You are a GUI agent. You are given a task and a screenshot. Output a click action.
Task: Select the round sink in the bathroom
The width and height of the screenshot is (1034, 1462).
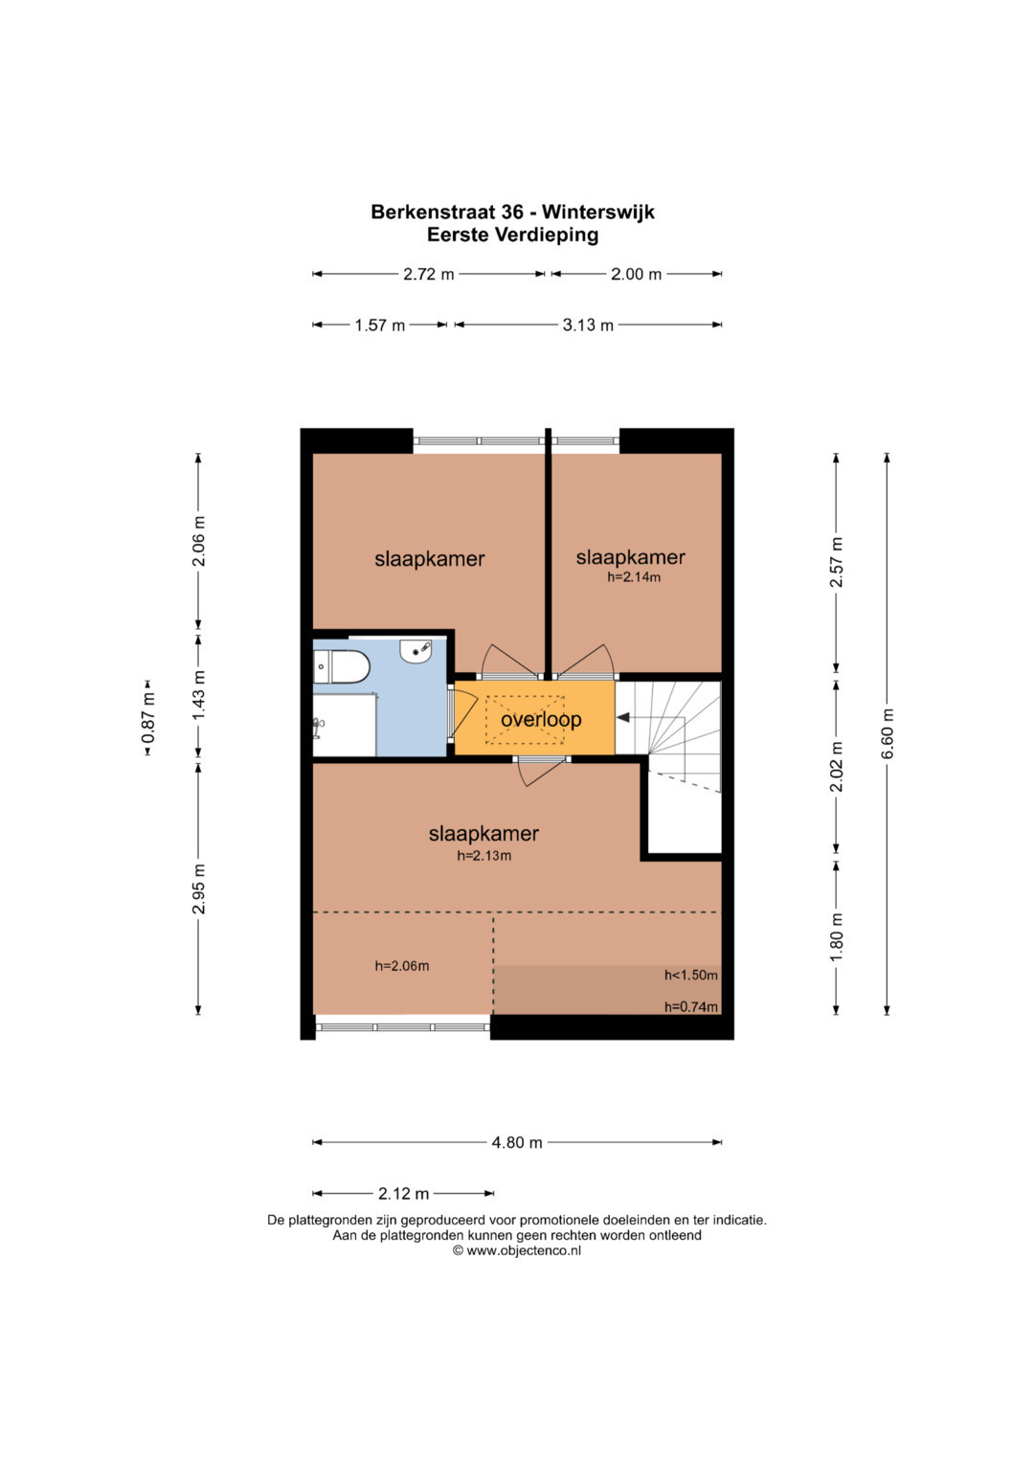(416, 652)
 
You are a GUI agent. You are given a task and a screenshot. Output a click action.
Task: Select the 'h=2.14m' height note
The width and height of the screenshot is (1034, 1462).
(634, 577)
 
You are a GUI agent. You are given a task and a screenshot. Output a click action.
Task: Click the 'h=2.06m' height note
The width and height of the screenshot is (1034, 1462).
(402, 966)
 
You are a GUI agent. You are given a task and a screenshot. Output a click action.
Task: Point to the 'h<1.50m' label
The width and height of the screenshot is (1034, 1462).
(691, 975)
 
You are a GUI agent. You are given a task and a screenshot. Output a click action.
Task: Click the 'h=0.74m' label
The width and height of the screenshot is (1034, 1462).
(691, 1007)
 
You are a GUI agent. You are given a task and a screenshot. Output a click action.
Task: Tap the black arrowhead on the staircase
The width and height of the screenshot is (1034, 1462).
(623, 718)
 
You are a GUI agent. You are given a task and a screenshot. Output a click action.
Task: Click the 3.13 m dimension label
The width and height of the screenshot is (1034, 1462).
(588, 325)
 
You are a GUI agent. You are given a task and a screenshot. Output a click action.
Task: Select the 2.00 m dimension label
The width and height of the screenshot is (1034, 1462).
(637, 274)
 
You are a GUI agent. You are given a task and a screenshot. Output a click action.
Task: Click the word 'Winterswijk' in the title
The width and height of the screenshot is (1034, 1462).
(598, 213)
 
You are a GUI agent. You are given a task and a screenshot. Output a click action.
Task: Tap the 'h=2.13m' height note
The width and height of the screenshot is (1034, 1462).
(483, 856)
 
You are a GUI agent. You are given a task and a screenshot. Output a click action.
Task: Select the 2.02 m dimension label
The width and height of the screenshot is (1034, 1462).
(836, 767)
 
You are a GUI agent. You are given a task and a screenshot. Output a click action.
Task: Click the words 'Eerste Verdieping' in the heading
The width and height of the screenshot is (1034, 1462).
(512, 235)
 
